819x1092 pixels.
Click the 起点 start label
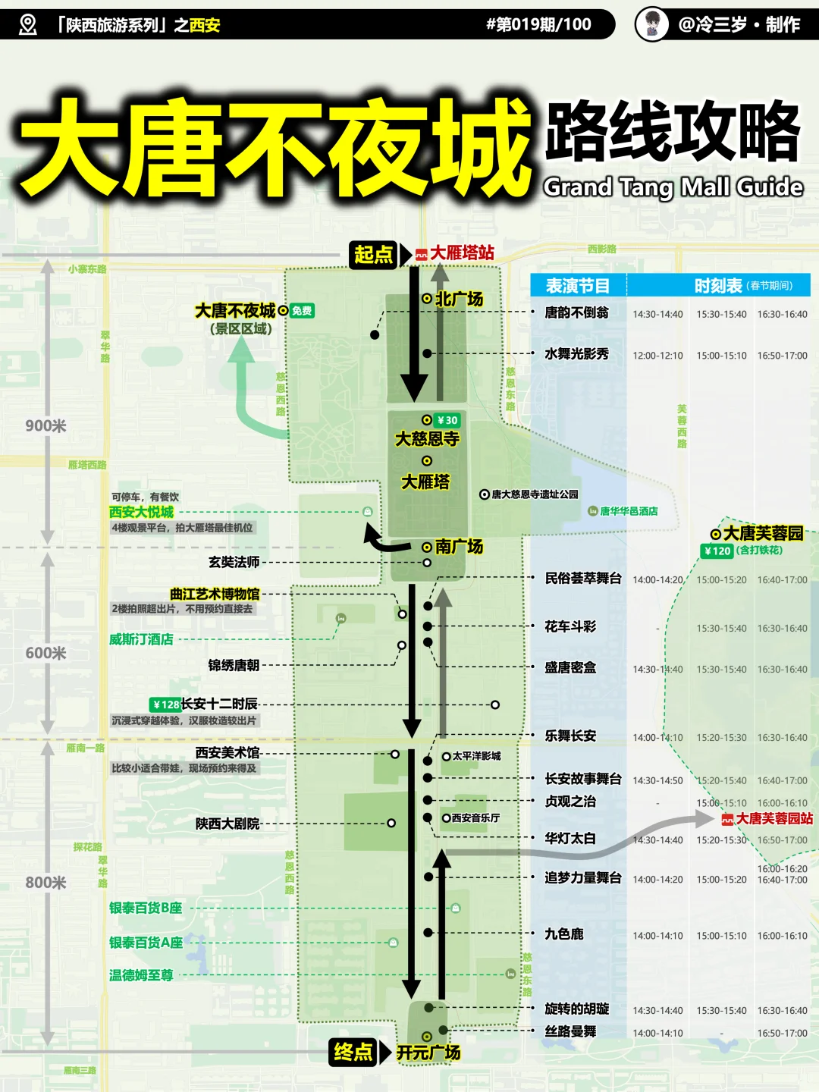(x=374, y=254)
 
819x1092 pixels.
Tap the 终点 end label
(x=353, y=1052)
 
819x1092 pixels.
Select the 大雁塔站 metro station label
(x=462, y=253)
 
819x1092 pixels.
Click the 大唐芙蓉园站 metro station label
(x=773, y=819)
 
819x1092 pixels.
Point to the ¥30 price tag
(x=447, y=420)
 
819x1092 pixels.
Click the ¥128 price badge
(x=165, y=704)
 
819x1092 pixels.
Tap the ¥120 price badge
(x=717, y=551)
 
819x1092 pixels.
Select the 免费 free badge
(x=302, y=311)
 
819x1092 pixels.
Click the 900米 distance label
(x=45, y=426)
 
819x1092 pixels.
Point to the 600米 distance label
(x=45, y=654)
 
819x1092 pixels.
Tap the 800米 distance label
(x=45, y=883)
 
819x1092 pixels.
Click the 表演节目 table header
(x=578, y=286)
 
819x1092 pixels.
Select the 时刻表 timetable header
(x=718, y=286)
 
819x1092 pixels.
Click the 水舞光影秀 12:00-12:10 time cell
(x=657, y=356)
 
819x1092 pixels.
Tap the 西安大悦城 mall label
(x=142, y=512)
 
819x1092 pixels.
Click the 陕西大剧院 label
(x=227, y=824)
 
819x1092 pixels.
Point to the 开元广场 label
(x=428, y=1053)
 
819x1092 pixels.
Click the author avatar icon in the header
(x=651, y=24)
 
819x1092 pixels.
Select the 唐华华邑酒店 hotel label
(x=629, y=511)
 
